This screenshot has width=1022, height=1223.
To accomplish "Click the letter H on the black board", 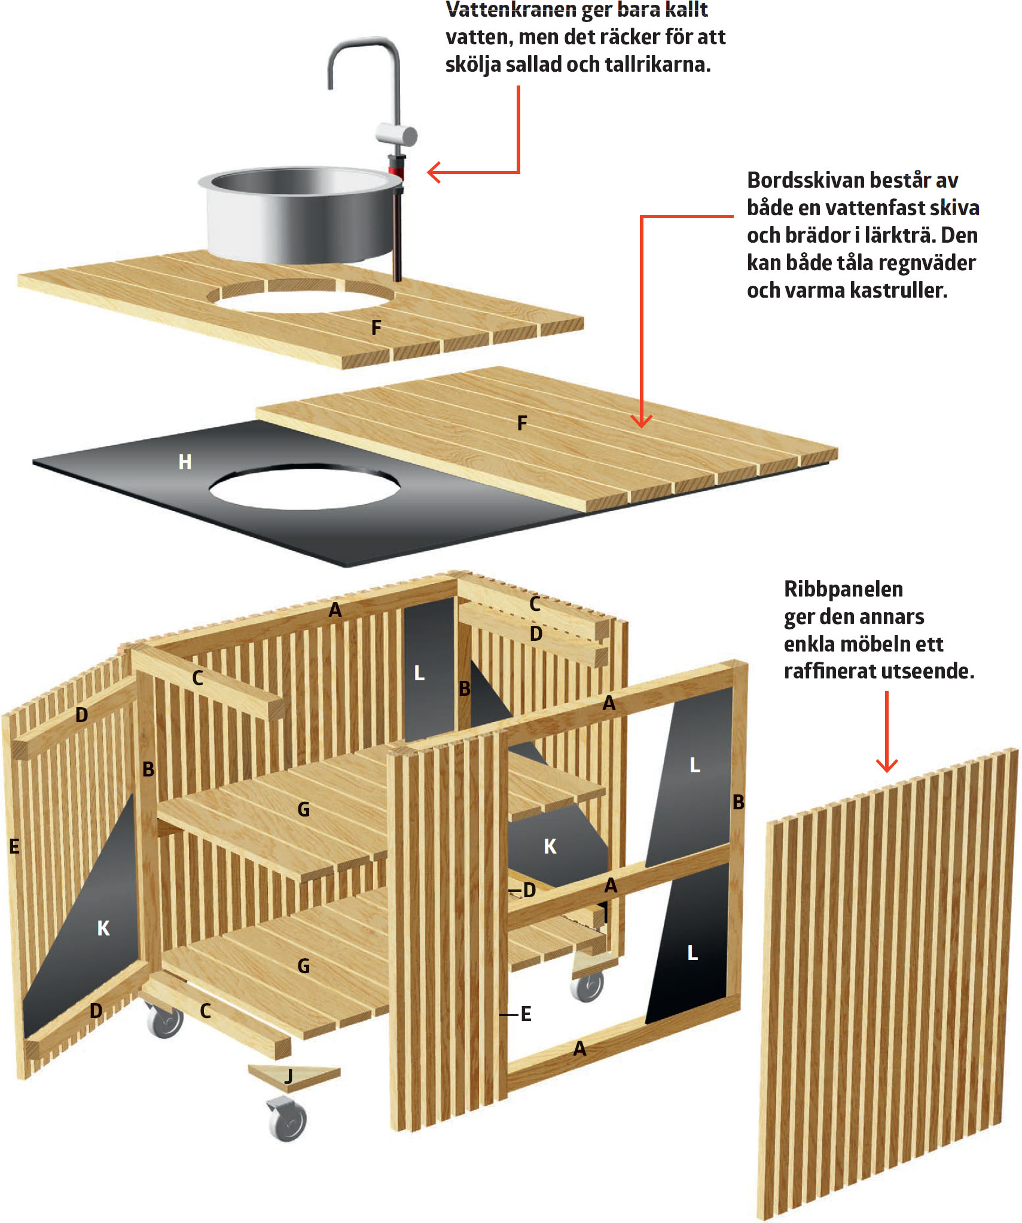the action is [x=185, y=461].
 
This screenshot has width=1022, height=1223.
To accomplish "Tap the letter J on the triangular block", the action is [x=289, y=1077].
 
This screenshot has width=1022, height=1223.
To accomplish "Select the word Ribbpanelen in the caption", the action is [x=843, y=589].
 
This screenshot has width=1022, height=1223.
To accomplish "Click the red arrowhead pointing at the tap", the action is [x=434, y=172].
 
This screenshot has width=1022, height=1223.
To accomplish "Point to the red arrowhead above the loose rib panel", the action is [x=886, y=765].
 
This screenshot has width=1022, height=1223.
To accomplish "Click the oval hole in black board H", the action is [x=304, y=487].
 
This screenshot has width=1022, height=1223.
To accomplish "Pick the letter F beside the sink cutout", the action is [x=376, y=327].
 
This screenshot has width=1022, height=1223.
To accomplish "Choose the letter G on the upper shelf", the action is [x=304, y=809].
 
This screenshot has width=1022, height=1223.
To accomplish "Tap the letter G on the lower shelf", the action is [x=304, y=966].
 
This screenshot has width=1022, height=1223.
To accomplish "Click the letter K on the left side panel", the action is [x=103, y=928].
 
